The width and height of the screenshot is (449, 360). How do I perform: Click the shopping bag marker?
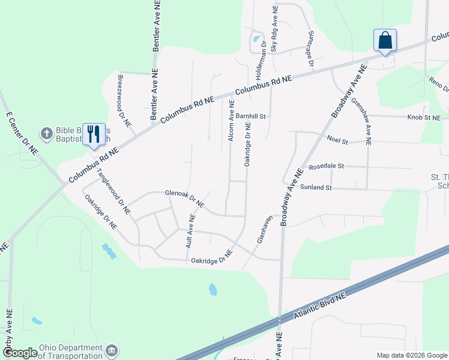click(x=385, y=41)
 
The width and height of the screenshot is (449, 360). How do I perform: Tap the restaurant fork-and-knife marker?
click(x=93, y=134)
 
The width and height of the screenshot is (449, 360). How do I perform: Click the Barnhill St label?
click(x=250, y=116)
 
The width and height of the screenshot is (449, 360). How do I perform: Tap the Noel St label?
click(x=337, y=140)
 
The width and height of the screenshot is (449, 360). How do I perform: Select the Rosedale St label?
click(x=325, y=166)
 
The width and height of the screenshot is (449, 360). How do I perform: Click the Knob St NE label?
click(x=424, y=118)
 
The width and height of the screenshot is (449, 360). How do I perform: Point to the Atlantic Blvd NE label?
click(x=320, y=306)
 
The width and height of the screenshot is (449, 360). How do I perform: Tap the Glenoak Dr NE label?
click(x=184, y=199)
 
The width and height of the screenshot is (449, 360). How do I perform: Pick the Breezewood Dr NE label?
click(x=124, y=101)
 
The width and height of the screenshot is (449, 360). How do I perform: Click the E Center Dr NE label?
click(x=22, y=133)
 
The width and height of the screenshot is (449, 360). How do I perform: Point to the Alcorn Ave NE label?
click(x=231, y=121)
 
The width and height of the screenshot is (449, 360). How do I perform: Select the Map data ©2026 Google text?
click(x=412, y=355)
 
